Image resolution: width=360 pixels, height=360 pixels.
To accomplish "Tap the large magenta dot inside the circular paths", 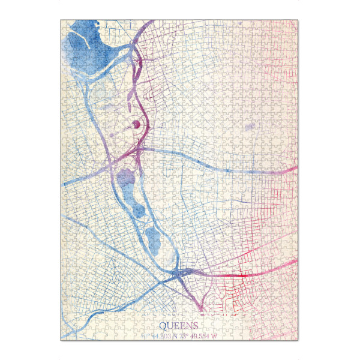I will point(136,124).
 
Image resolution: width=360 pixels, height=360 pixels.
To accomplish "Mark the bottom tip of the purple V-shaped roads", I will point(202,312).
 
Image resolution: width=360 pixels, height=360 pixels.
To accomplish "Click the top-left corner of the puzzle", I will point(61,20).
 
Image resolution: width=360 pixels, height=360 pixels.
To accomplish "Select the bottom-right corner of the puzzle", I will point(298,340).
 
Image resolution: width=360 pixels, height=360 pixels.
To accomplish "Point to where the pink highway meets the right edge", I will point(297,169).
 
